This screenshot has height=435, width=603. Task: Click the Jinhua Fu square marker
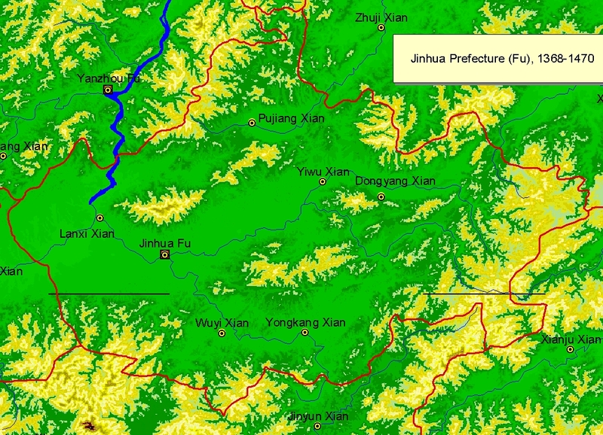coord(164,255)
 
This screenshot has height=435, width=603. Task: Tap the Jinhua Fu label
coord(165,243)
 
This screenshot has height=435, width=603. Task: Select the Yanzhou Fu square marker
coord(109,90)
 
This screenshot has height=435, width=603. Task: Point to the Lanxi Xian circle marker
coord(99,218)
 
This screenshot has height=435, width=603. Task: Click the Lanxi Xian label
coord(87,234)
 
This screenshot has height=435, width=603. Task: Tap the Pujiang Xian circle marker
coord(252,123)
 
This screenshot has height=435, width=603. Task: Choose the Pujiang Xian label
coord(292,118)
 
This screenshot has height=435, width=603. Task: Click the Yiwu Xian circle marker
coord(323,182)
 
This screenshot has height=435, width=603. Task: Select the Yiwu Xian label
coord(323,172)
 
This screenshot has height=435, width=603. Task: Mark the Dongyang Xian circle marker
coord(381,196)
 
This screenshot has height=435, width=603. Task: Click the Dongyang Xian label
coord(395,181)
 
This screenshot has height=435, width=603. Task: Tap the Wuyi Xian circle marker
coord(222,333)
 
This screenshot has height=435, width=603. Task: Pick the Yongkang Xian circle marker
coord(305,332)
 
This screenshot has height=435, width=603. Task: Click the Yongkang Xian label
coord(305,322)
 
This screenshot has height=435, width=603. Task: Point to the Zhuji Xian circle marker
coord(381,28)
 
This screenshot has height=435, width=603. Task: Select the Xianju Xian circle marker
coord(571,349)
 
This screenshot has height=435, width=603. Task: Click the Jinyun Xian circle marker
coord(318,426)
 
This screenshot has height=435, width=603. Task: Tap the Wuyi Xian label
coord(222,323)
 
